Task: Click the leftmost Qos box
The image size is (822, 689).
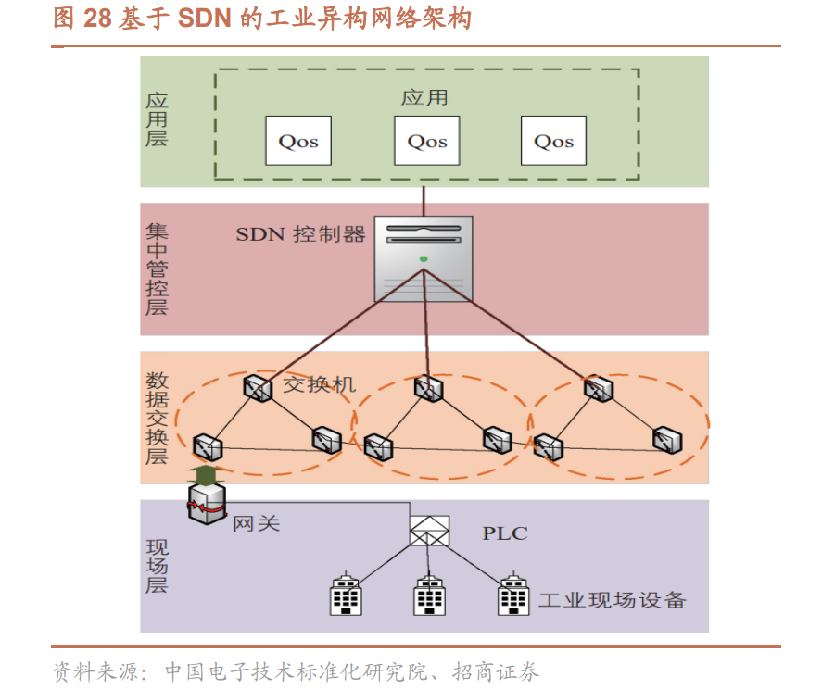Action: pos(298,141)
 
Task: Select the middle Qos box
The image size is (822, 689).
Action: pos(426,141)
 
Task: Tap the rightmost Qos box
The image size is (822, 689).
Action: pos(553,141)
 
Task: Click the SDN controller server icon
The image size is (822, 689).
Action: pos(424,258)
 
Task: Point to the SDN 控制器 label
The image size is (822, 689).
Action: pos(300,234)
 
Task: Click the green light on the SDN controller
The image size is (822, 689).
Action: pos(424,258)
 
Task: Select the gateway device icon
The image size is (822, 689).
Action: pos(207,504)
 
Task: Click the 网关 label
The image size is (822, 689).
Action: pos(257,523)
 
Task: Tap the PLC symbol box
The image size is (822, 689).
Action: pos(429,531)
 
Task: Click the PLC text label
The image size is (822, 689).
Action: pos(505,533)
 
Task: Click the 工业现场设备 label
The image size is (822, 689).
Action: pos(613,600)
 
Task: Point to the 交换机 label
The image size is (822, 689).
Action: pos(320,384)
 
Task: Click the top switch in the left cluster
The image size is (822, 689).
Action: pos(258,388)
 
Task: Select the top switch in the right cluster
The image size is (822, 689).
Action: pos(599,388)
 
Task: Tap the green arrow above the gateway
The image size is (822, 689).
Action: pos(207,474)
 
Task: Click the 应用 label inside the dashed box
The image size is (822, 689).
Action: pos(424,97)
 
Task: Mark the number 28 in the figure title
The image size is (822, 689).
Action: pos(97,18)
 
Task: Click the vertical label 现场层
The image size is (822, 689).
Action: pos(157,567)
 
